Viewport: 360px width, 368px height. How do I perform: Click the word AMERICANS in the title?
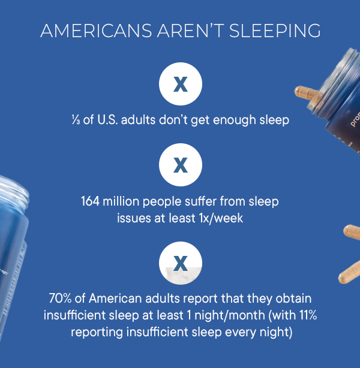pos(97,31)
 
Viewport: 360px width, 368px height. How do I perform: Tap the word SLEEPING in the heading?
pos(275,31)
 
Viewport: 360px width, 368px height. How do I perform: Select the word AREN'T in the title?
pos(191,31)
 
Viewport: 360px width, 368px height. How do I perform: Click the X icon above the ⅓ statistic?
pos(181,84)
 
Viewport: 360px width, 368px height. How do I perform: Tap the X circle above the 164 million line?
pos(181,165)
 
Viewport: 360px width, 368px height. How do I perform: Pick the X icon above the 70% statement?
pos(181,263)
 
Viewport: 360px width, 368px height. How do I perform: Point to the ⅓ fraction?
pos(76,120)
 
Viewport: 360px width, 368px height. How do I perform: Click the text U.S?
pos(107,120)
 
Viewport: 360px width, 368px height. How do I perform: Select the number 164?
pos(90,201)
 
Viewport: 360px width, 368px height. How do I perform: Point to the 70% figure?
pos(60,298)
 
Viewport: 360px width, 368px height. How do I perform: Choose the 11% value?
pos(308,315)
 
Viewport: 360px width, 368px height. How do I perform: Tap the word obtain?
pos(293,298)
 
